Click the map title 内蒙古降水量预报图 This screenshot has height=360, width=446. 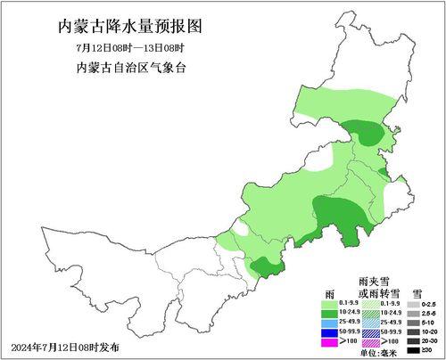[x=124, y=25]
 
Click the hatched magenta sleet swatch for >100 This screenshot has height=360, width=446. [x=371, y=342]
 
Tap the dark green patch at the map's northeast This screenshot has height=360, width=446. [x=368, y=134]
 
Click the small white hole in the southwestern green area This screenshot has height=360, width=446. [x=241, y=226]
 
